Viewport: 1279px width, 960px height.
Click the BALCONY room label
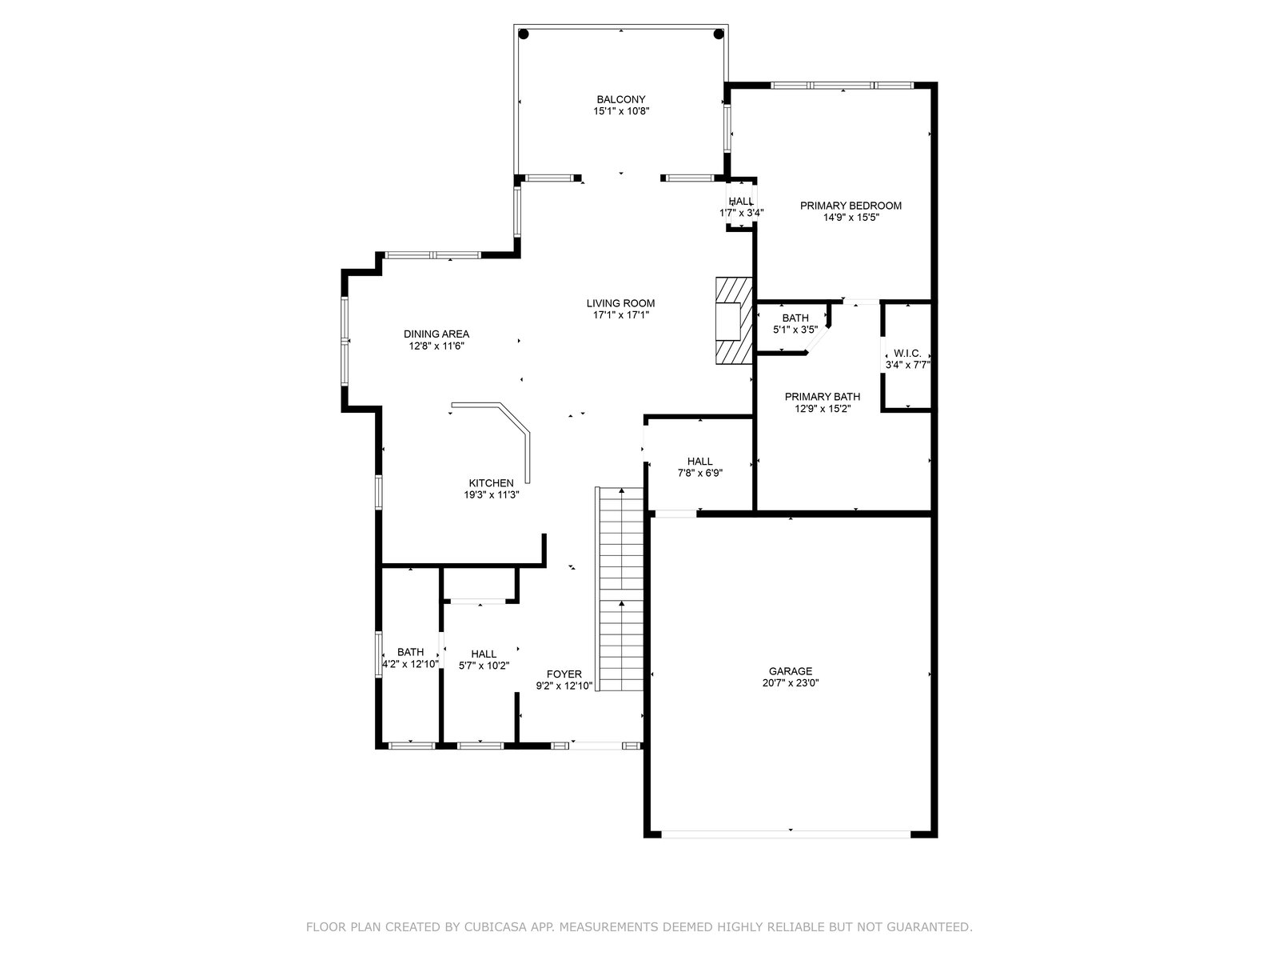tap(620, 100)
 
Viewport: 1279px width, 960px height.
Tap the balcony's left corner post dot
tap(524, 34)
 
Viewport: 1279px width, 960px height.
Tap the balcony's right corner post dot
tap(719, 34)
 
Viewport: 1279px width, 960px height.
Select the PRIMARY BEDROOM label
tap(851, 206)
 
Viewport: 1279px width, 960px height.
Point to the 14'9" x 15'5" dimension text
tap(851, 218)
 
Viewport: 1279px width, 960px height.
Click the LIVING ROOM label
tap(620, 303)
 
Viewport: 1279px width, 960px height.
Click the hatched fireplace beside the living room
tap(734, 321)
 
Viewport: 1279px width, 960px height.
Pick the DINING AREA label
tap(436, 334)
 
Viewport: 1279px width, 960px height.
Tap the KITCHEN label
tap(491, 483)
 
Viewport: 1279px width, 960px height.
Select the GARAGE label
tap(790, 671)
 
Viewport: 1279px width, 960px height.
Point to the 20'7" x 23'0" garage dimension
tap(790, 683)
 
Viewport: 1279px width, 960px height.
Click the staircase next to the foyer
tap(619, 590)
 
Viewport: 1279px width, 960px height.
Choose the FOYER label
tap(564, 674)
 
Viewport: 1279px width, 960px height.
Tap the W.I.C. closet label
tap(907, 354)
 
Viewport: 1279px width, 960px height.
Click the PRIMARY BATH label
tap(823, 397)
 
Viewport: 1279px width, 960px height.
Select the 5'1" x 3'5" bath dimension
tap(795, 330)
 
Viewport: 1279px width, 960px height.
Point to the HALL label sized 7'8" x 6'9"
tap(699, 462)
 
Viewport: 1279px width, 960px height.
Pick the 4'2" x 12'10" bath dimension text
tap(410, 663)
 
